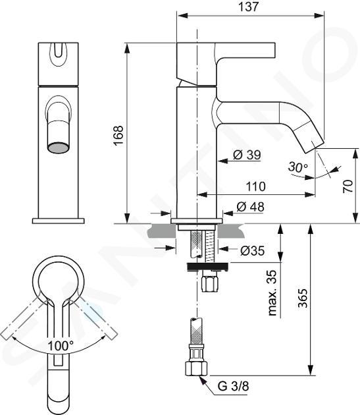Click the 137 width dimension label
click(x=248, y=7)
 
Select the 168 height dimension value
click(x=118, y=135)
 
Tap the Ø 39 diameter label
click(x=247, y=155)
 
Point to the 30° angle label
click(x=298, y=167)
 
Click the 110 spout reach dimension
click(x=255, y=186)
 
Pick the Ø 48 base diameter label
click(x=250, y=207)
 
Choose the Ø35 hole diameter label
click(x=252, y=250)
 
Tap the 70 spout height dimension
click(x=347, y=186)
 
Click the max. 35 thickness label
click(x=272, y=293)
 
